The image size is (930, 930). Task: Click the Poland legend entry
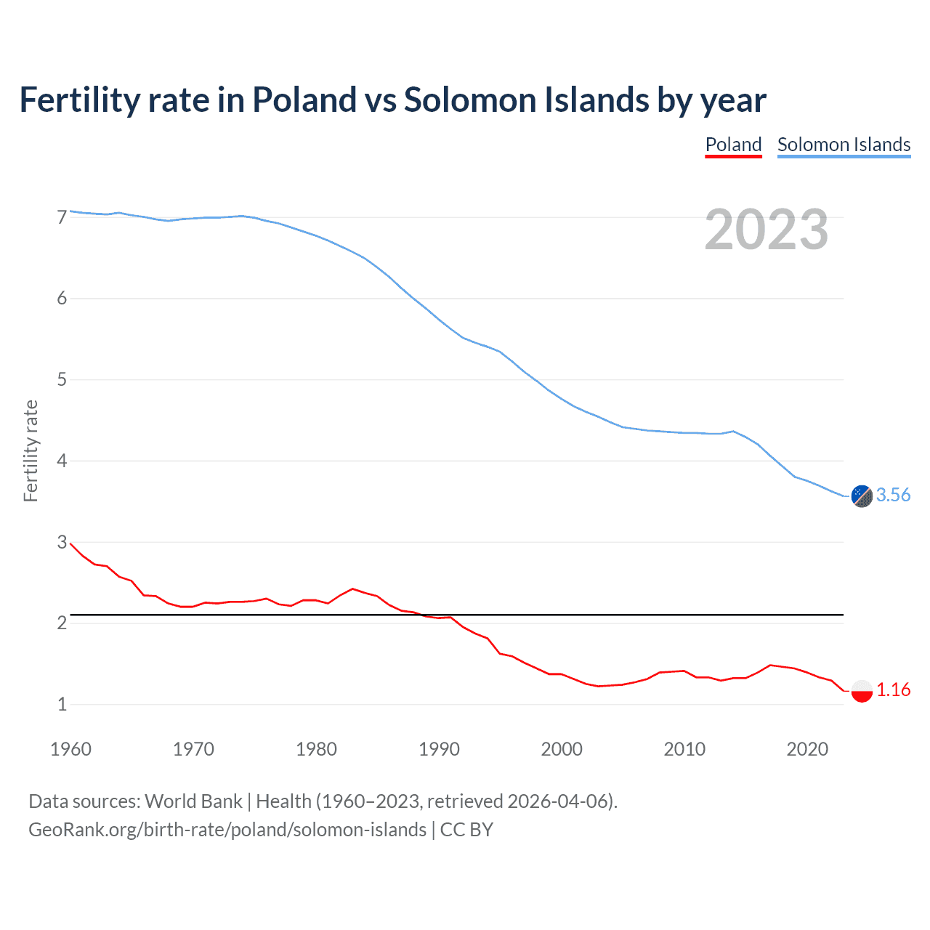(733, 145)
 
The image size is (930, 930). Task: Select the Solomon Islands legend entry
(844, 145)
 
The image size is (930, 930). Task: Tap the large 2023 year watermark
(767, 230)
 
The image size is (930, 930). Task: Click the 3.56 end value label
(893, 495)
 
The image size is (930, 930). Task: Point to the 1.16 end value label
(893, 690)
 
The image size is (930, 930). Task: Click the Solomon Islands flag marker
(862, 496)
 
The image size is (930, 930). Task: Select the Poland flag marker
(862, 690)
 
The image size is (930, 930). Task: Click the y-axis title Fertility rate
(31, 450)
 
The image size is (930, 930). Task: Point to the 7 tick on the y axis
(62, 217)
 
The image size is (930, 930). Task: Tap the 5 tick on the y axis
(62, 379)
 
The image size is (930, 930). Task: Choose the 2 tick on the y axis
(62, 623)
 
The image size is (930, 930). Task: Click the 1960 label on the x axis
(70, 749)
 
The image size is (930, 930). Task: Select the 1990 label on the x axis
(439, 749)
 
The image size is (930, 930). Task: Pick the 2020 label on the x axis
(807, 749)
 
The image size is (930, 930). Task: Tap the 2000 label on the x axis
(562, 749)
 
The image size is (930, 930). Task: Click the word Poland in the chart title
(304, 100)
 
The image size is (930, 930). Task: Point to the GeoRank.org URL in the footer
(227, 830)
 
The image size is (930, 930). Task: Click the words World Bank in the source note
(193, 801)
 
